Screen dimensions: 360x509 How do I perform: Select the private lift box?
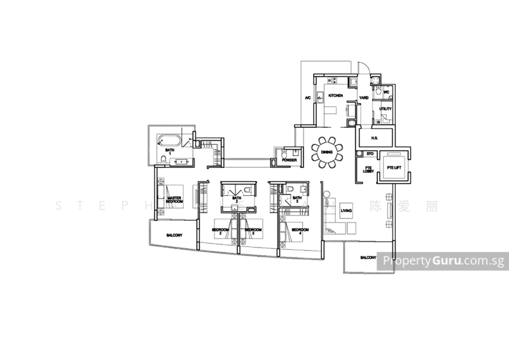pyautogui.click(x=394, y=168)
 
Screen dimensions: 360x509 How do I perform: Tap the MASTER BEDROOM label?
pyautogui.click(x=174, y=191)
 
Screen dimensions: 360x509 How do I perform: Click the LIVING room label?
pyautogui.click(x=345, y=209)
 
